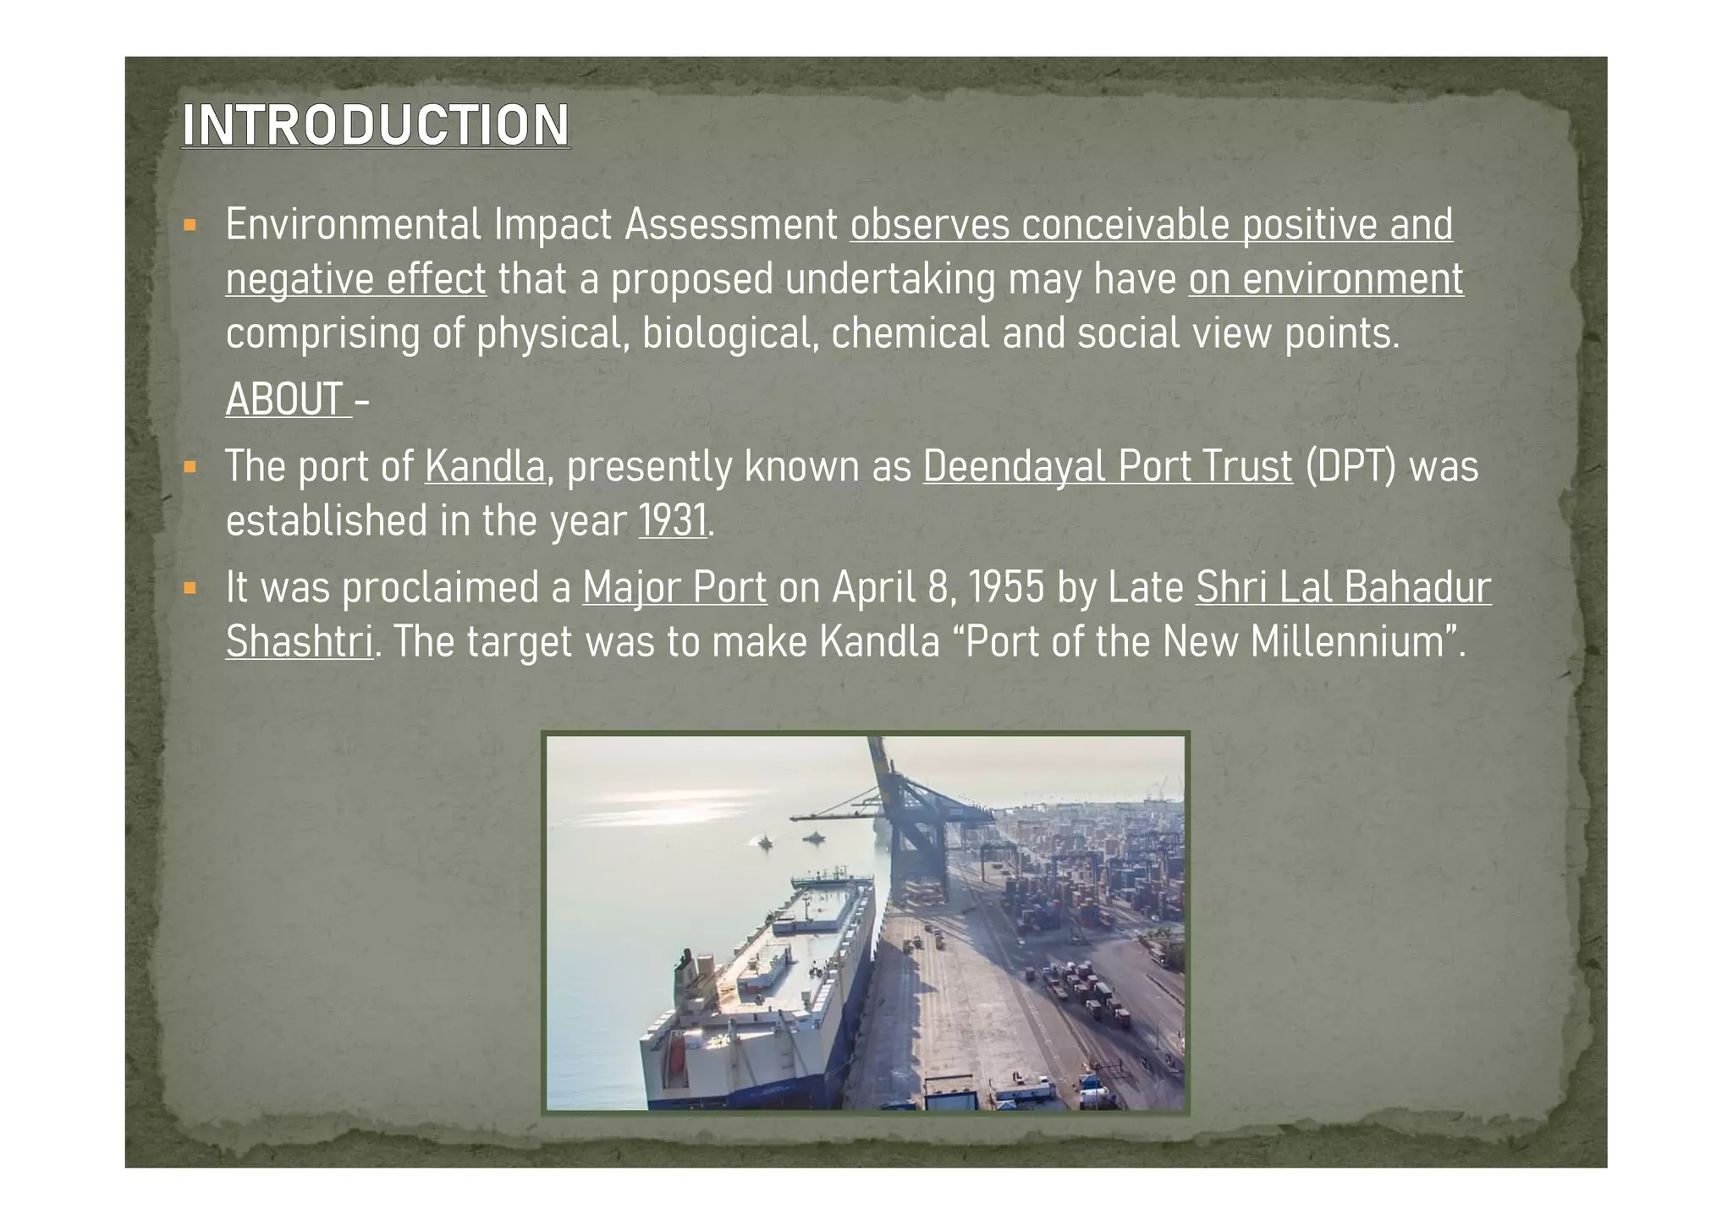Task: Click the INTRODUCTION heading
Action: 376,125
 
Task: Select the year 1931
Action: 673,520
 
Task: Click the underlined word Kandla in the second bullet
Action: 485,466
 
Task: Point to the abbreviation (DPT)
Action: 1351,466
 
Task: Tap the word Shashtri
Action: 299,641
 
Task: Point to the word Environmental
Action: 353,225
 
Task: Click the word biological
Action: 730,333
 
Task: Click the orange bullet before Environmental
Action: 190,226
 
